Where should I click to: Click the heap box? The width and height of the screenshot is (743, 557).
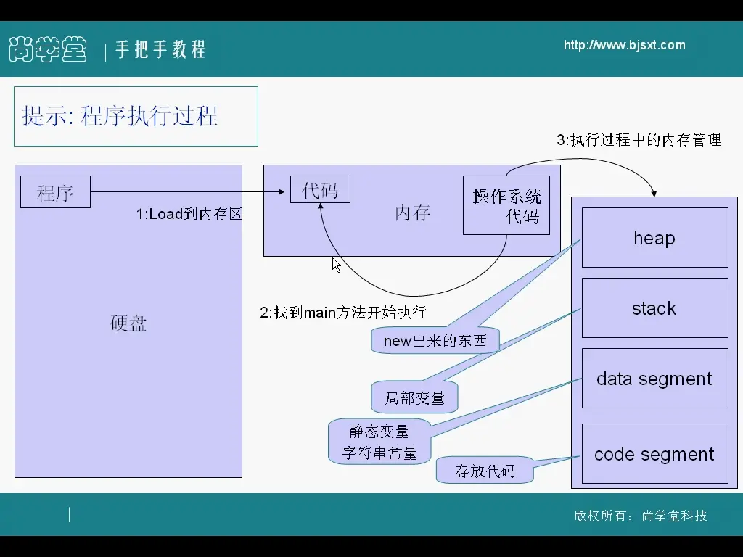654,238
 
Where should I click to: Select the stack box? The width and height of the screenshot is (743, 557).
654,308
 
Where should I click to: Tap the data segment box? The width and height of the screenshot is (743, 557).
654,379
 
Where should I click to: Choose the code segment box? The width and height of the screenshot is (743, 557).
654,454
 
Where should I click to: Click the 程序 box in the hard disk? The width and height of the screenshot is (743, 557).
55,192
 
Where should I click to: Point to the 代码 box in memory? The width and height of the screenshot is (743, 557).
320,190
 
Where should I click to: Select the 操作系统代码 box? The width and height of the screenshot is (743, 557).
506,205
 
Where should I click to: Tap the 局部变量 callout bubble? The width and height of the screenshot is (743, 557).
415,397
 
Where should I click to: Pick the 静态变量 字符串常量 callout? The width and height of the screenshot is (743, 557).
379,442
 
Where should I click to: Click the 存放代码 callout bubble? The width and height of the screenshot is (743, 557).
485,471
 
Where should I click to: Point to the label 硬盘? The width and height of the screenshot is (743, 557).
128,323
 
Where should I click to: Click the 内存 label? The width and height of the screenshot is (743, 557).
412,213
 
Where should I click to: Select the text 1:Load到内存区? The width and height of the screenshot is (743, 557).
189,215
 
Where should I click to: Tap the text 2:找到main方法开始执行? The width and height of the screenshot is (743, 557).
343,313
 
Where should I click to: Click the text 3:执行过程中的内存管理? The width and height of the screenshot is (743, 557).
639,140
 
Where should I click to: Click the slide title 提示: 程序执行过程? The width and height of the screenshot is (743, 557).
120,116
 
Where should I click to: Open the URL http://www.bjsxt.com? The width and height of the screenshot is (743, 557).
624,46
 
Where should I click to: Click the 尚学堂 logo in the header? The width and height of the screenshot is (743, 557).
48,49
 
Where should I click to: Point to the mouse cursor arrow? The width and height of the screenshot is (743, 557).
336,265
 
